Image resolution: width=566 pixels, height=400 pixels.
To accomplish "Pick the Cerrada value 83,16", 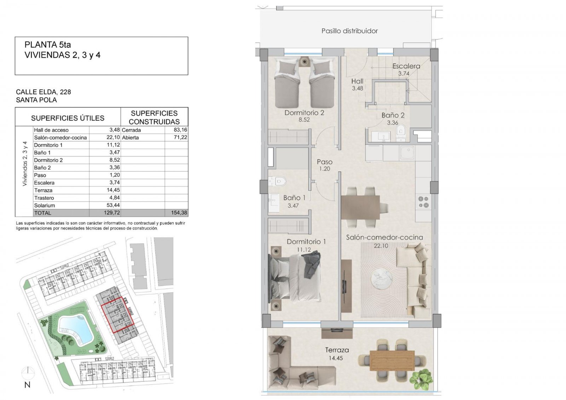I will point(181,130).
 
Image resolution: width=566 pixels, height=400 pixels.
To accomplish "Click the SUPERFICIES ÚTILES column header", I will point(68,118).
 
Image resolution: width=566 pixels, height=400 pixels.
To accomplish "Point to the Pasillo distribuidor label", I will point(350,31).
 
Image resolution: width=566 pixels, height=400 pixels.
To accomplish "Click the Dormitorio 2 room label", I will point(304,113).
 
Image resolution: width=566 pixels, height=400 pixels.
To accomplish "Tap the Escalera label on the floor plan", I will point(406,66).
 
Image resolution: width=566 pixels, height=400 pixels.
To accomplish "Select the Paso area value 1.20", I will point(324,169).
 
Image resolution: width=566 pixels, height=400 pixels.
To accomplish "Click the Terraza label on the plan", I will point(337,350).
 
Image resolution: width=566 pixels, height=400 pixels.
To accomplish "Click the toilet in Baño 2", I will point(401,132).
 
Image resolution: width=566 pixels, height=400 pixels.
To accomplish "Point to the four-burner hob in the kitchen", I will point(423,202).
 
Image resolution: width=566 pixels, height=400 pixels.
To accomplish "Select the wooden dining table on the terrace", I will point(392,360).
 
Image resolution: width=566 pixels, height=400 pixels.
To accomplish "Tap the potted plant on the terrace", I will point(421,377).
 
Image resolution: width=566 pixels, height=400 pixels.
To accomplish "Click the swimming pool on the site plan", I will point(75,328).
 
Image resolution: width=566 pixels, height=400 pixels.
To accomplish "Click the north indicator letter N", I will point(27,385).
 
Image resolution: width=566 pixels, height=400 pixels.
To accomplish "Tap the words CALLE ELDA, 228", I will point(44,92).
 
